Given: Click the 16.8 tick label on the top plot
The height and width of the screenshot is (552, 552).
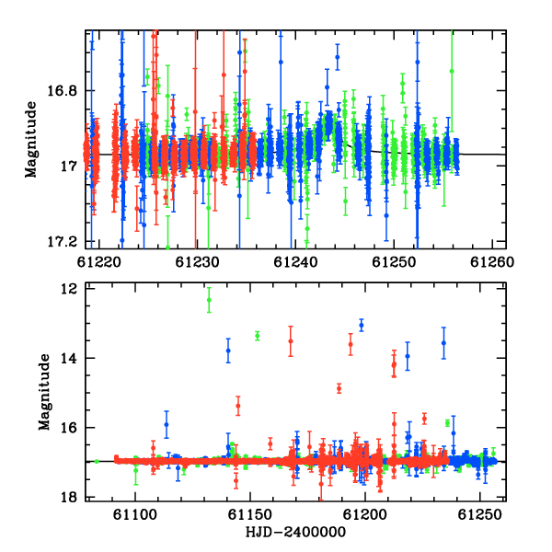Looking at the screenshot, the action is click(62, 91).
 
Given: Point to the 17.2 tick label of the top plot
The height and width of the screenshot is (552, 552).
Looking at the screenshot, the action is click(62, 242).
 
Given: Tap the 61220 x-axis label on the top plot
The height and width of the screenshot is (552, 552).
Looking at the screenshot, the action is click(99, 262).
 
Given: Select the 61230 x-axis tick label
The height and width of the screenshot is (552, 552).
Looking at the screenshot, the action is click(197, 262).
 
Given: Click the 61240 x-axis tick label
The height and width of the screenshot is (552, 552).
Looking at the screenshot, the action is click(295, 262).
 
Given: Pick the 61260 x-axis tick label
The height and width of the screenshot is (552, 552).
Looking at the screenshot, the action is click(492, 262).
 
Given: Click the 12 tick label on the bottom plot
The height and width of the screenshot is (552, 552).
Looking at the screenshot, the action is click(69, 289).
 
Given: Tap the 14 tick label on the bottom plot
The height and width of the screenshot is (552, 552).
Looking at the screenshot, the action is click(69, 359).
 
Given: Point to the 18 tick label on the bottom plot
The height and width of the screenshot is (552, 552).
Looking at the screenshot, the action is click(69, 497).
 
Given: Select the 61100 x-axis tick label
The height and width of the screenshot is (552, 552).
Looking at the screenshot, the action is click(135, 514).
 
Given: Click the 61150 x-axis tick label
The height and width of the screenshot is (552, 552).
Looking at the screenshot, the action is click(250, 514).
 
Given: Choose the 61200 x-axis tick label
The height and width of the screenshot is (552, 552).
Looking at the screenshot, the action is click(364, 514).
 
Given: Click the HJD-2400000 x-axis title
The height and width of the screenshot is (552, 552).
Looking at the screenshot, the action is click(295, 532).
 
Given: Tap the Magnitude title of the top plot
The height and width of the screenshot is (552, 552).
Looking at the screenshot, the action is click(31, 140).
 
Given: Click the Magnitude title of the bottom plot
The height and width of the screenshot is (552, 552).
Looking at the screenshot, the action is click(45, 392).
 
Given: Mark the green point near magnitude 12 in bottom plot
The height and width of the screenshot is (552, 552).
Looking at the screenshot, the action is click(209, 300).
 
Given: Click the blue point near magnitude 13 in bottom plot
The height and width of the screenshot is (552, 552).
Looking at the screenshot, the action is click(362, 325).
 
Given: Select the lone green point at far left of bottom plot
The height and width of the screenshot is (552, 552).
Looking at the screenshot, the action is click(97, 461).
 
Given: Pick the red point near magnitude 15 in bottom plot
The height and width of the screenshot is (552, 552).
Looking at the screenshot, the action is click(339, 388).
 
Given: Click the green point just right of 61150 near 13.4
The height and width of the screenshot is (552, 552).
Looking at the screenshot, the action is click(258, 336).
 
